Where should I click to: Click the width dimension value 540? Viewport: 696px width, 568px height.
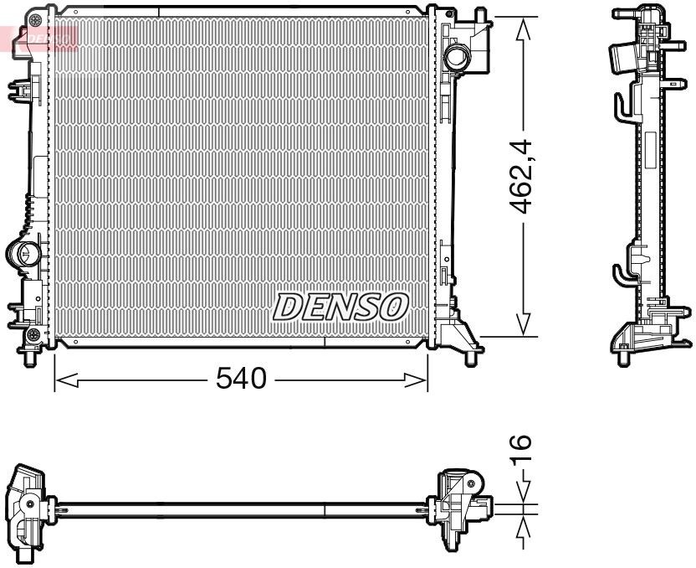[x=240, y=379]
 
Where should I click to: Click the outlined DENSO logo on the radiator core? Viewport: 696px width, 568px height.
[x=340, y=307]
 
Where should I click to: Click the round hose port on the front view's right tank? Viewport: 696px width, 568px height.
[x=458, y=58]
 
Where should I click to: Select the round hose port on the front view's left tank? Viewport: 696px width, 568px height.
[x=23, y=252]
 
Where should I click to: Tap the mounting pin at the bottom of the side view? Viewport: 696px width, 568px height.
[x=623, y=359]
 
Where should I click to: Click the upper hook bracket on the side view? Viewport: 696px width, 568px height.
[x=620, y=105]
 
